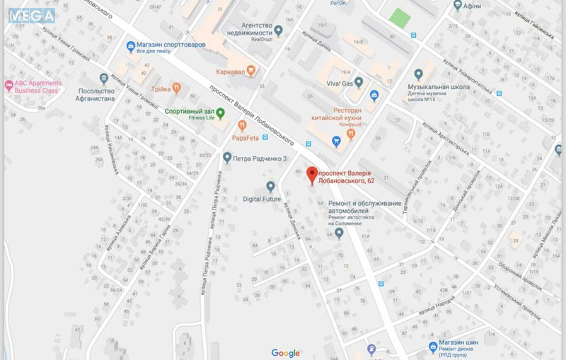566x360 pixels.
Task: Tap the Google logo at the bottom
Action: (286, 353)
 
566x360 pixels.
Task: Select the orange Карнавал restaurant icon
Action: (250, 71)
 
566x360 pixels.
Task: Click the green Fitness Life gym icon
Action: (221, 113)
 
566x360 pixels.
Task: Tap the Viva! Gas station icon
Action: (359, 82)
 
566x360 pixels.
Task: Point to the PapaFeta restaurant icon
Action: (243, 125)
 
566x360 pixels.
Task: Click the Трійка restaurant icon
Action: (176, 88)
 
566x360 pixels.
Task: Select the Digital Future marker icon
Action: (270, 186)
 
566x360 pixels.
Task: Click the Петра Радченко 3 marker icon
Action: (227, 157)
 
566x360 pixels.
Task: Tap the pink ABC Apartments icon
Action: (8, 86)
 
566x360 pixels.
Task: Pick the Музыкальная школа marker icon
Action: (419, 74)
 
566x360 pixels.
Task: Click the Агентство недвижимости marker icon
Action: (279, 30)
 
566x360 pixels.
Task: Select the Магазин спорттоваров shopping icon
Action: (130, 47)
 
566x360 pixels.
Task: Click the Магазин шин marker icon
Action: (433, 347)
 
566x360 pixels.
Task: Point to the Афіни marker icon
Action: (458, 5)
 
